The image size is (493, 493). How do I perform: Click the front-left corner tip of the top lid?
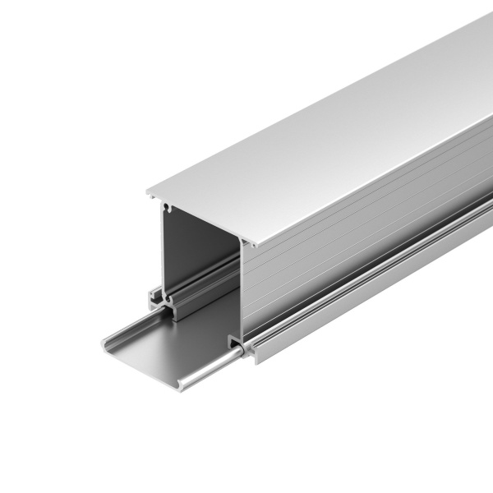[x=149, y=194]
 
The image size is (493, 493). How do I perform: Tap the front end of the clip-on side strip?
[x=253, y=355]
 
